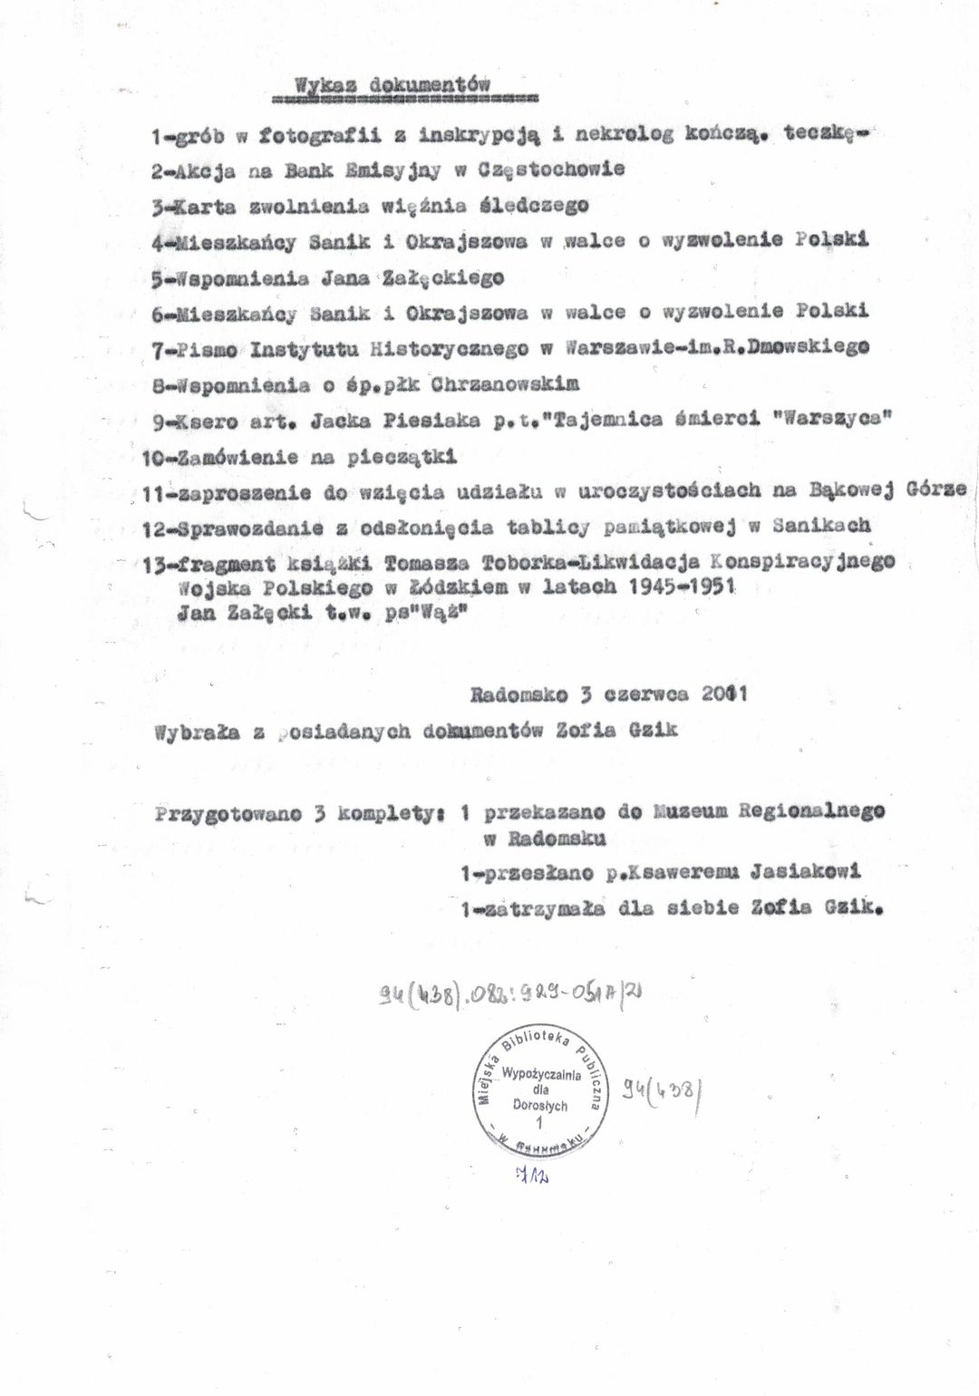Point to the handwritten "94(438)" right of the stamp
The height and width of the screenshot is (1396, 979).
[x=663, y=1091]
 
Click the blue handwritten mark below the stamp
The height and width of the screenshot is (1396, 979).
[x=535, y=1176]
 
